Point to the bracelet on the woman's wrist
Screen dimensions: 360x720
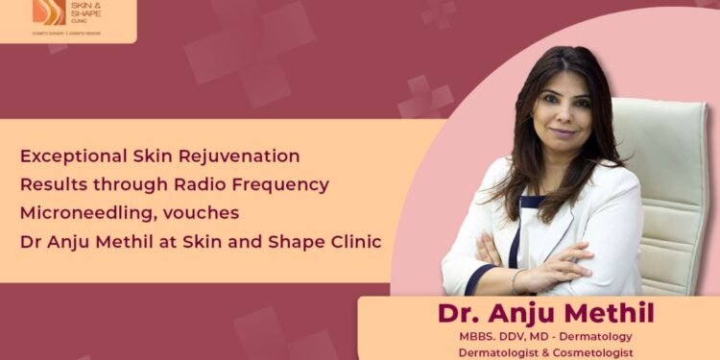(x=516, y=278)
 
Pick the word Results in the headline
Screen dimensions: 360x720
(x=51, y=183)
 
